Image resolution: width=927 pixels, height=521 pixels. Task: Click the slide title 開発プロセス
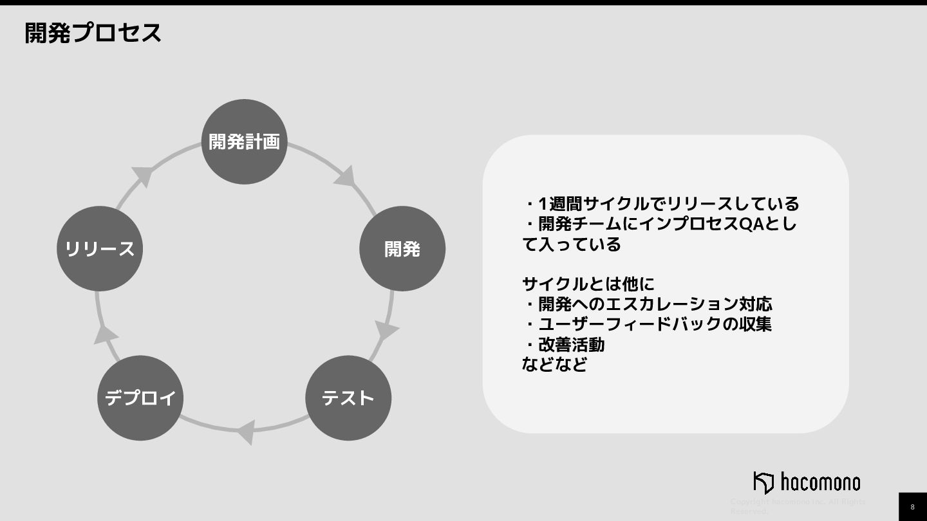coord(93,33)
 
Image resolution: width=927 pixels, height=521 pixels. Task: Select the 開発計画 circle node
coord(245,142)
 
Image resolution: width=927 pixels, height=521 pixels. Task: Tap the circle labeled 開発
coord(402,248)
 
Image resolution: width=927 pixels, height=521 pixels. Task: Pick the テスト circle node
coord(348,398)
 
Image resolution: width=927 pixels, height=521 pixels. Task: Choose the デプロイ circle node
coord(140,398)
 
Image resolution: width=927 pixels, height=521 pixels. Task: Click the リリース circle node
coord(100,248)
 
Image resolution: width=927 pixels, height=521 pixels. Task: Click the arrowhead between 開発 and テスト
coord(386,329)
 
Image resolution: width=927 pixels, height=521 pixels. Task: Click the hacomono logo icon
coord(763,482)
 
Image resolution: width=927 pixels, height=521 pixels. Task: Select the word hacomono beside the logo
coord(820,482)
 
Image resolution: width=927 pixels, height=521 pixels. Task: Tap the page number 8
coord(912,507)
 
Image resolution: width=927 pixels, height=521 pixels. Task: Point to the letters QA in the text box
coord(750,224)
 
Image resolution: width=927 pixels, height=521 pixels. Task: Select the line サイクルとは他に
coord(588,284)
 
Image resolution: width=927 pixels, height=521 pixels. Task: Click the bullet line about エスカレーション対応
coord(648,304)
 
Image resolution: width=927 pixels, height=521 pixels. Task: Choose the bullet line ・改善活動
coord(564,344)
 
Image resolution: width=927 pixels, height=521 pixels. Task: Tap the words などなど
coord(554,365)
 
